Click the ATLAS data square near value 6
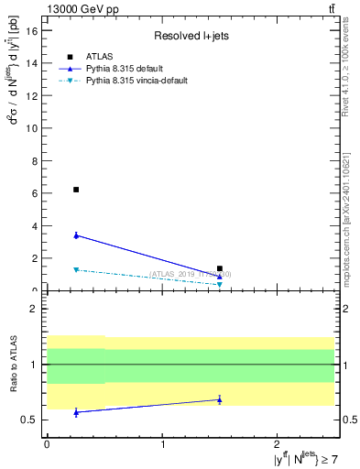coord(76,190)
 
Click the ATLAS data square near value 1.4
coord(220,268)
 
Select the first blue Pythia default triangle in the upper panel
coord(76,235)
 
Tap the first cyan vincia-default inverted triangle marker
coord(76,269)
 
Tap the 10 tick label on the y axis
coord(34,128)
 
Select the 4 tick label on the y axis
coord(37,226)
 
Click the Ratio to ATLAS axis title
coord(13,364)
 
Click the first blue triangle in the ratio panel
coord(76,412)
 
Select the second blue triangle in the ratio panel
coord(220,399)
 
